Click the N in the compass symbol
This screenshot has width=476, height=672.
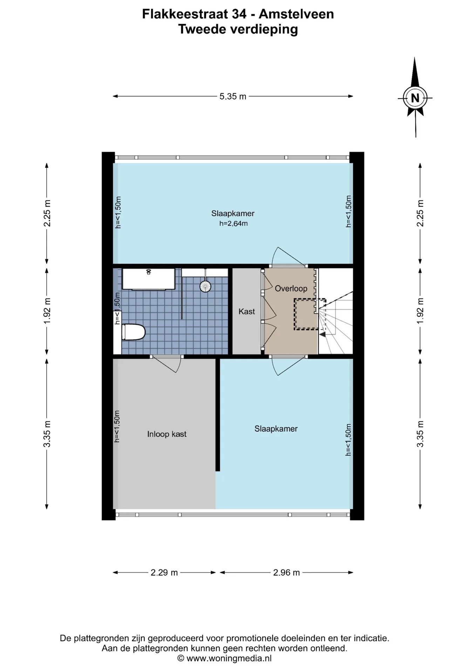415,98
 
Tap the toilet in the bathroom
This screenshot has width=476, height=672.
133,332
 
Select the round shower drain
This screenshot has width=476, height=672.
205,286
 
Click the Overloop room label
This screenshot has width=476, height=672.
291,288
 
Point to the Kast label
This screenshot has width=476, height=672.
247,311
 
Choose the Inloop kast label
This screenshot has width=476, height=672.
167,434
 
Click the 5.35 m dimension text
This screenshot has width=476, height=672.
233,96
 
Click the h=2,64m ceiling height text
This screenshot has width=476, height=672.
233,223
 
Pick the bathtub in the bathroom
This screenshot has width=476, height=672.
148,279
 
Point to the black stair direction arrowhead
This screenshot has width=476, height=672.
322,334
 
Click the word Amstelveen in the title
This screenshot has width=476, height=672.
296,14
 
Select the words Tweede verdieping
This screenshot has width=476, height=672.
238,29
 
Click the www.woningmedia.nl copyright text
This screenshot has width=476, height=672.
229,658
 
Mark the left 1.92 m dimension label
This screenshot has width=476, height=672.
47,310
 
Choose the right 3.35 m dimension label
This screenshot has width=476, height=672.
420,434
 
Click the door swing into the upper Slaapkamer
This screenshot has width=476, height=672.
287,255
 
